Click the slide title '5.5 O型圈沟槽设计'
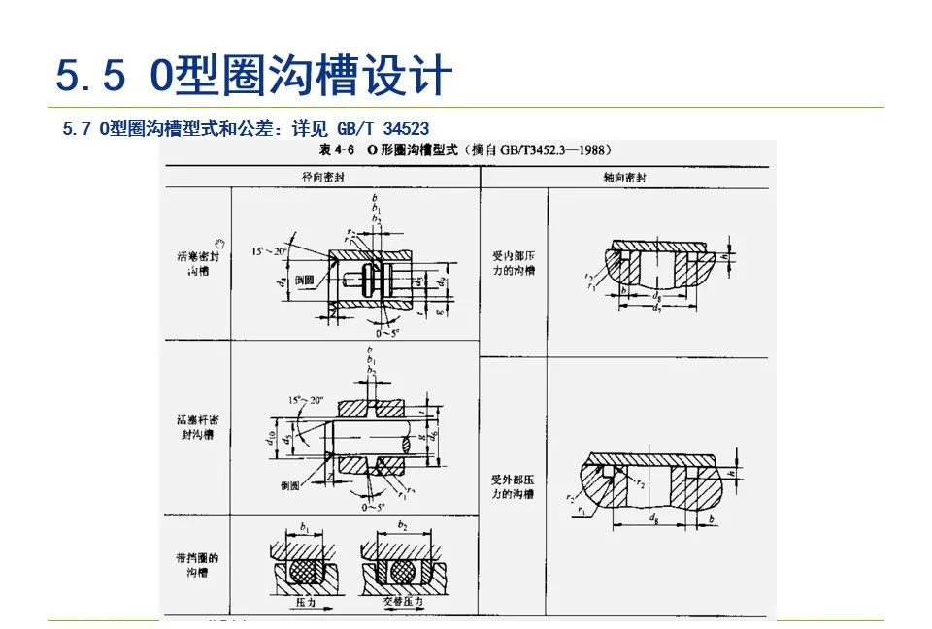coord(254,76)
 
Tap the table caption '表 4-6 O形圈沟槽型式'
coord(386,150)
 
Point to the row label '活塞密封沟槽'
coord(197,263)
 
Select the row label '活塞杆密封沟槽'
coord(197,428)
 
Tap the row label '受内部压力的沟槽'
coord(514,264)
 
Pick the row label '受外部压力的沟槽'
coord(514,487)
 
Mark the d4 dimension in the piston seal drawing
coord(279,283)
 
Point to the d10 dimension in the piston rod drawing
coord(269,437)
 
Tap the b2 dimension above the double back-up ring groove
coord(402,524)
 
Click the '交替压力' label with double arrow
coord(399,602)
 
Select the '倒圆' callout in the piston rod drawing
coord(288,485)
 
